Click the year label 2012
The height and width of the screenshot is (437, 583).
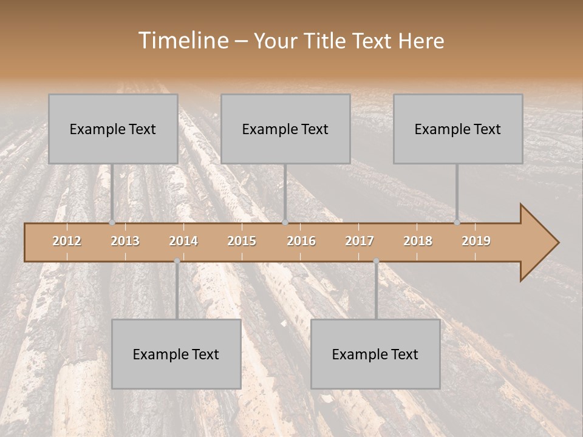coord(67,241)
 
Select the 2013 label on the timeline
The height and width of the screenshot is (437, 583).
coord(125,241)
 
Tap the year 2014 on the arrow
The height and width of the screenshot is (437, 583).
coord(183,241)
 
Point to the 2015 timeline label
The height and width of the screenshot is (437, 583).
coord(242,241)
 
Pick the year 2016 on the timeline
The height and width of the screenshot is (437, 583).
coord(301,241)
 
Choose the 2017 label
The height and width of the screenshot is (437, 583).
coord(360,241)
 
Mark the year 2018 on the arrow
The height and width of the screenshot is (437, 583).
coord(418,241)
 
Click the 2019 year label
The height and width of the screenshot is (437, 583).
coord(476,241)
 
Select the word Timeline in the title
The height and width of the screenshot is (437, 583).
coord(182,41)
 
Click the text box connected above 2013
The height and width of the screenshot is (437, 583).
coord(113,129)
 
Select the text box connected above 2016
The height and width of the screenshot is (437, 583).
coord(285,129)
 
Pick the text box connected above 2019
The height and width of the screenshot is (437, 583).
coord(458,129)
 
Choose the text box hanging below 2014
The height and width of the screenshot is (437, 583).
coord(176,354)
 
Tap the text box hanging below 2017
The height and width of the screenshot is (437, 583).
coord(375,354)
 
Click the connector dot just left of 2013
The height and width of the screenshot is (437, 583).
coord(112,223)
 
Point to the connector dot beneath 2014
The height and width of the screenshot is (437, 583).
coord(177,261)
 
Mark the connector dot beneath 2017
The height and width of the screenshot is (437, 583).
coord(376,261)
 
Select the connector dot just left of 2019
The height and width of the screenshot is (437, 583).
coord(457,223)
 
